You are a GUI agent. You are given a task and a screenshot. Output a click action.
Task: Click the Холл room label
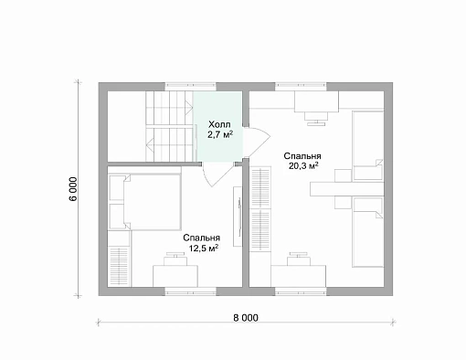pos(219,124)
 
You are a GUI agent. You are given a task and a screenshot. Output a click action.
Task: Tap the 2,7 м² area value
pos(220,134)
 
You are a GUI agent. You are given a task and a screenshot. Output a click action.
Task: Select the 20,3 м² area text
pos(303,166)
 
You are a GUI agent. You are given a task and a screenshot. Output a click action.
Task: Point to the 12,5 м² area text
pos(204,249)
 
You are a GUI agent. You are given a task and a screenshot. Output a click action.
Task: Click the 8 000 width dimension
pos(246,318)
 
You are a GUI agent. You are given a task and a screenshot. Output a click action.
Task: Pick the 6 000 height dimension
pos(73,189)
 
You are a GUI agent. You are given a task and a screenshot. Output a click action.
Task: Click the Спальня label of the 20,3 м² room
pos(302,156)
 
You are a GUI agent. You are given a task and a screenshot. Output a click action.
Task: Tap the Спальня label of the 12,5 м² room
pos(202,238)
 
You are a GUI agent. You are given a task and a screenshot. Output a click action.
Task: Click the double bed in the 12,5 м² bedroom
pos(145,202)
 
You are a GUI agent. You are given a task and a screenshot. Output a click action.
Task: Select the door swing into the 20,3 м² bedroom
pos(258,142)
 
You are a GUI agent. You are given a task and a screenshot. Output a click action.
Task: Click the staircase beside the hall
pos(169,126)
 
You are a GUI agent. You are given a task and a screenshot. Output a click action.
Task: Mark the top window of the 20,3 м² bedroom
pos(301,87)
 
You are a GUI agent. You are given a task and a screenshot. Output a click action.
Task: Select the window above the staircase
pos(191,87)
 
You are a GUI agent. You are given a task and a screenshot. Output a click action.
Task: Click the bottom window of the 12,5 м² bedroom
pos(191,291)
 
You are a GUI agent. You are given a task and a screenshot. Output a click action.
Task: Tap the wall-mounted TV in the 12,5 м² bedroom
pos(238,217)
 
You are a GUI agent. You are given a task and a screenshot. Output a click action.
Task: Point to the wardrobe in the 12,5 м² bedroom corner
pos(120,259)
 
